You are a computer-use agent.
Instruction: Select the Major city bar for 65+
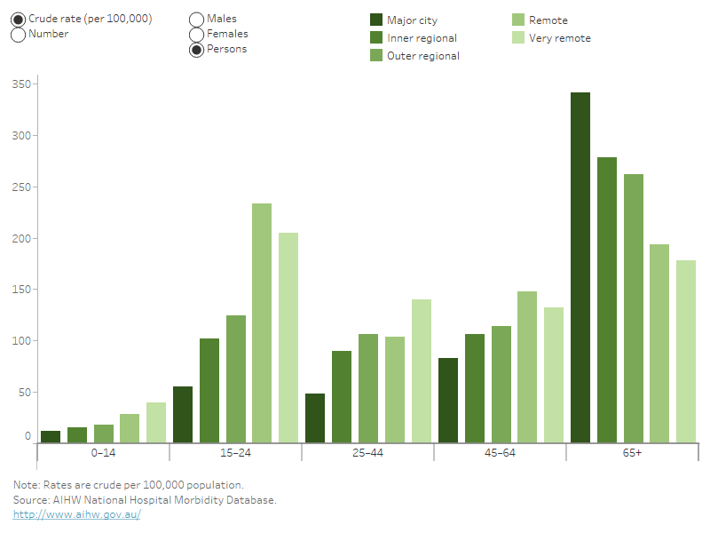pos(580,266)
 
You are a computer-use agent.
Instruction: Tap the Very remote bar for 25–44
pos(421,370)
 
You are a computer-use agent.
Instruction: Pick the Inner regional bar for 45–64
pos(474,387)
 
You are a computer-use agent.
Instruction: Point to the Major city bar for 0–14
pos(51,436)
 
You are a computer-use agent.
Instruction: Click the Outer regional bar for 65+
pos(633,307)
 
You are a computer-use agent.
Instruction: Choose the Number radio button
pos(19,35)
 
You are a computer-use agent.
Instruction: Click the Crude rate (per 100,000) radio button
pos(19,19)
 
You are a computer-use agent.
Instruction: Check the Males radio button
pos(197,19)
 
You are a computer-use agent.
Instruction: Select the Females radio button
pos(197,35)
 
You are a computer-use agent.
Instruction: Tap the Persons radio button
pos(197,50)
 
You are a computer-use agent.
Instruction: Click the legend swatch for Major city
pos(376,20)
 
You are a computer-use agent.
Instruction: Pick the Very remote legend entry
pos(559,38)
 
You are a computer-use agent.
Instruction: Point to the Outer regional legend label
pos(423,56)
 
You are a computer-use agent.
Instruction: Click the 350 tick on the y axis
pos(21,84)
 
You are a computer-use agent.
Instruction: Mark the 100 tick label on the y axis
pos(21,341)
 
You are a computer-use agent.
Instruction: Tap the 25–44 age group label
pos(367,453)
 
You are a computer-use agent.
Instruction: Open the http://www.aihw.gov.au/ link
pos(77,514)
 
